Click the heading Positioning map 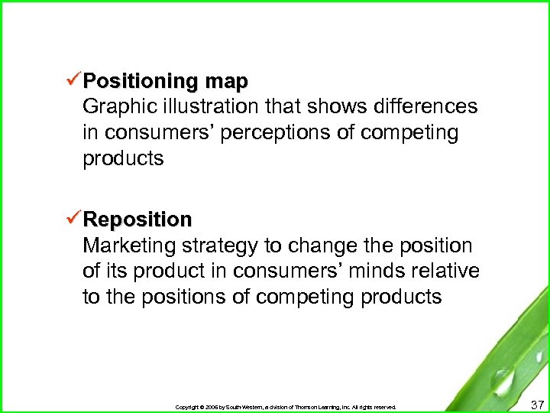coord(166,81)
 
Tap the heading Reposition coord(137,220)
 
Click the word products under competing coord(123,159)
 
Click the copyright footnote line coord(286,407)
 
